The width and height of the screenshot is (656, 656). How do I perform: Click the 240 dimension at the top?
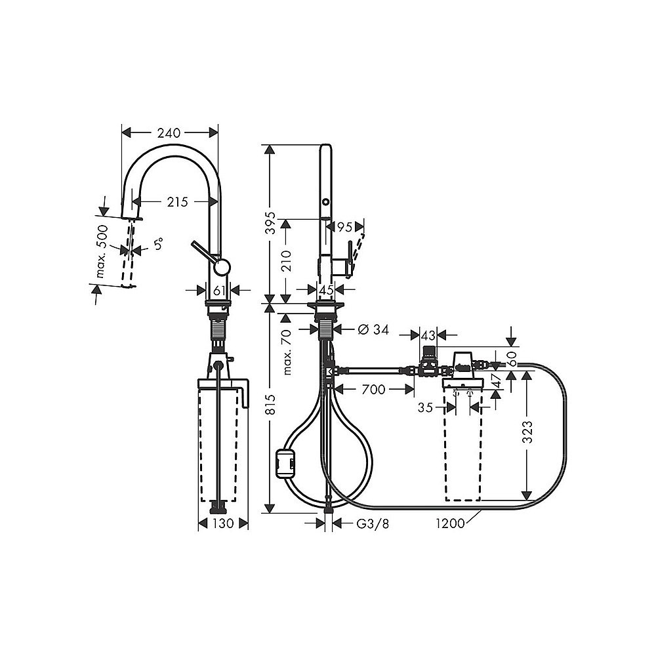pos(169,133)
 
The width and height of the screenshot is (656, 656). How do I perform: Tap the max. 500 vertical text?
pos(100,255)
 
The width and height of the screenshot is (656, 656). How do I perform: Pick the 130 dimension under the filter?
pos(223,523)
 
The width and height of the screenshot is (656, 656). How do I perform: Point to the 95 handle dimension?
pos(345,227)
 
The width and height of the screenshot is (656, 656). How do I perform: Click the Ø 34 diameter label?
pos(373,329)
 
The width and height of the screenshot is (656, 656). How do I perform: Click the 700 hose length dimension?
pos(373,390)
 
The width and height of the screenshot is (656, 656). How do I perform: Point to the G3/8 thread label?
pos(369,523)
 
